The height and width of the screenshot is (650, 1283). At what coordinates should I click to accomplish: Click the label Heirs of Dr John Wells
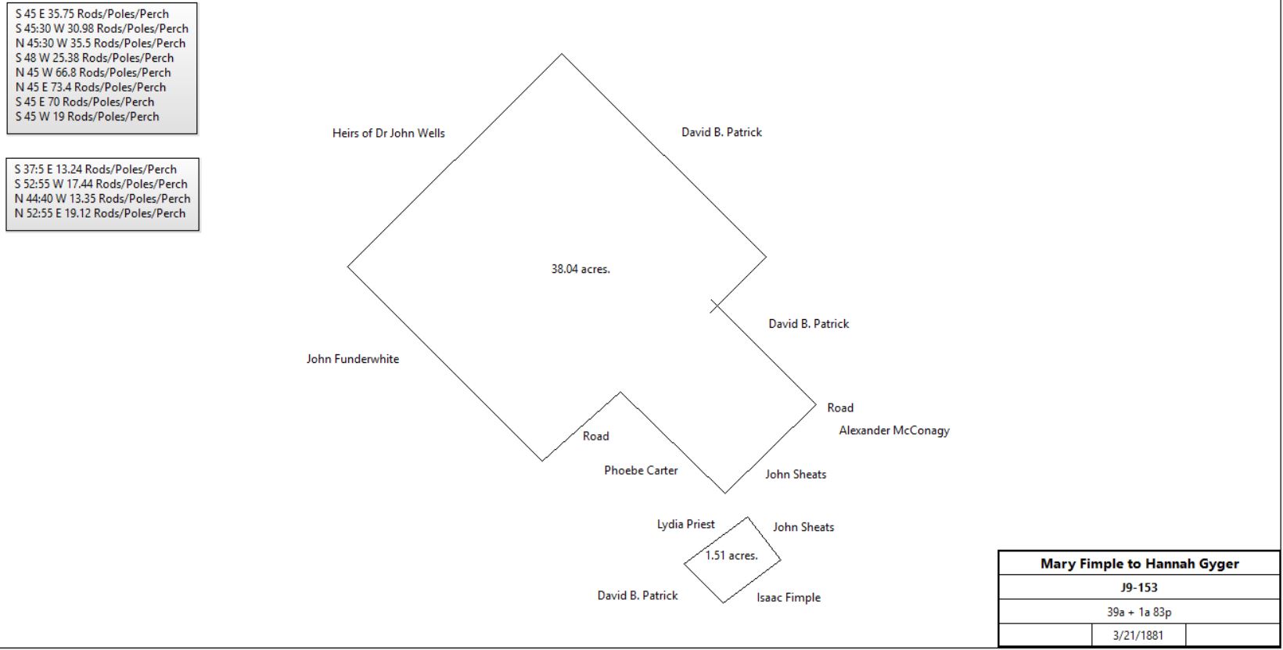(388, 134)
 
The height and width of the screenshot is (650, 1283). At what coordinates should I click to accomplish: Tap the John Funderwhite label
(353, 359)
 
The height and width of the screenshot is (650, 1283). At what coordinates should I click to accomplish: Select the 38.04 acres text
(580, 269)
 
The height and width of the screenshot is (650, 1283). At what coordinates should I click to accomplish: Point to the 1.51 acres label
(731, 555)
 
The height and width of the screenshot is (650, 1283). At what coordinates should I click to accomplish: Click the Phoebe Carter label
(641, 470)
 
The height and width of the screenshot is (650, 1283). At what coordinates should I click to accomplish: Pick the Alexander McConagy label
(894, 431)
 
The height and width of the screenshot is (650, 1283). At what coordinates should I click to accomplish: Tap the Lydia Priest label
(685, 524)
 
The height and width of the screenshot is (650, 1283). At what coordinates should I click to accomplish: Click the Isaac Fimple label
(789, 598)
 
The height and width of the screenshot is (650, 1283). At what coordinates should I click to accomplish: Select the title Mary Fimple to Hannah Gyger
(1140, 563)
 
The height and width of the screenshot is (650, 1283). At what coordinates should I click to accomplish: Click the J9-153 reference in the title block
(1139, 587)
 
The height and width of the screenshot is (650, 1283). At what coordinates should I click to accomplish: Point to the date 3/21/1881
(1138, 635)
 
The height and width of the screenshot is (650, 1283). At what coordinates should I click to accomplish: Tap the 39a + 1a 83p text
(1139, 612)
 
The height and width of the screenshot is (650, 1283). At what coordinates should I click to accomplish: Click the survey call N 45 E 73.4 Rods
(91, 87)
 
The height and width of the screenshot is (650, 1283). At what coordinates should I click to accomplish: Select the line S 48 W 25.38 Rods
(95, 58)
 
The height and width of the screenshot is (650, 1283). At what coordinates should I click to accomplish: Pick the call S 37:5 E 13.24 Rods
(95, 170)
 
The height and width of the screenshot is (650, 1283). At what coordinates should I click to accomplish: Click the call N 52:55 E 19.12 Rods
(100, 213)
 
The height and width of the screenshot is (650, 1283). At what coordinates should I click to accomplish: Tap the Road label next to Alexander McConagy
(840, 408)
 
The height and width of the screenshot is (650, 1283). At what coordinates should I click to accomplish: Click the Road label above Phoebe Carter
(595, 436)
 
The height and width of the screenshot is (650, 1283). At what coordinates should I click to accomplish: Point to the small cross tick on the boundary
(715, 306)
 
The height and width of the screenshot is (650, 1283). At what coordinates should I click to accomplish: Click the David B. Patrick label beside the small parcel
(638, 595)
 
